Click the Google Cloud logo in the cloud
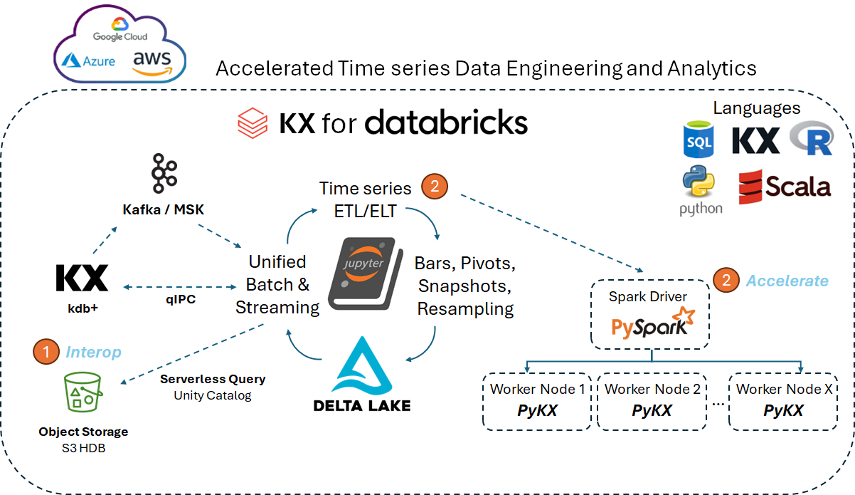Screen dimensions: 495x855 120,36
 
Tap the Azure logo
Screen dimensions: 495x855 88,61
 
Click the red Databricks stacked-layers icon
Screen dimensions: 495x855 253,123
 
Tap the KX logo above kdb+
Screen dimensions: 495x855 82,278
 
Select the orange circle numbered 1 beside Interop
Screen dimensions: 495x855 47,351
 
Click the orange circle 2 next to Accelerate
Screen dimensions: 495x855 726,280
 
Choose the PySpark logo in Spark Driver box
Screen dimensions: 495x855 649,323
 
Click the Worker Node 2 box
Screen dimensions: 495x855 652,401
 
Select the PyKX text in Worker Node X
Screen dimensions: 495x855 783,411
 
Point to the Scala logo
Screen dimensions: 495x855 784,187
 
